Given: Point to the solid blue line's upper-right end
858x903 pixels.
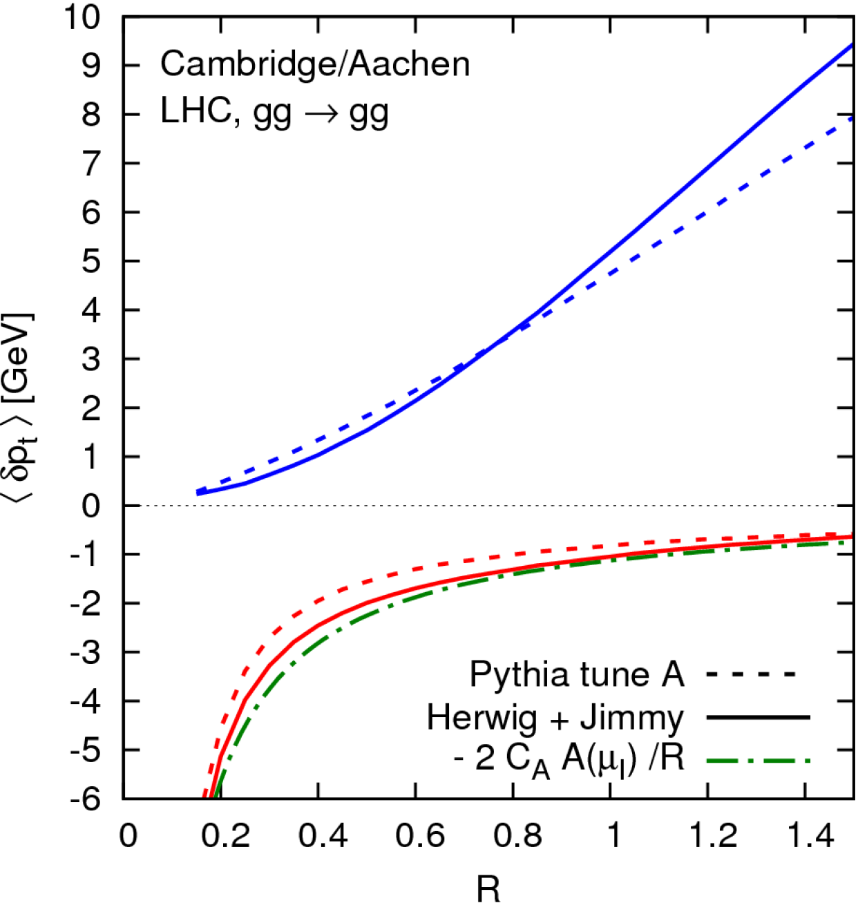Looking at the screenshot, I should point(851,45).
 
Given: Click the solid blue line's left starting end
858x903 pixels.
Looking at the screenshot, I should point(198,493).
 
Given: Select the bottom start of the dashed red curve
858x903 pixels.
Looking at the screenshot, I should point(204,795).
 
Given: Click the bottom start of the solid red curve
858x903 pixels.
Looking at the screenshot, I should point(210,795).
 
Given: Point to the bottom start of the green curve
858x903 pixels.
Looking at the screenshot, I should point(215,795).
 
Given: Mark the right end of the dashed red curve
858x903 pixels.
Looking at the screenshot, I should point(850,534).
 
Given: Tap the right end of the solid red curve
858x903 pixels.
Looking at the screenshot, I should point(850,537).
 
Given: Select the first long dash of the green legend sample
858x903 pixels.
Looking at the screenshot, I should point(722,761).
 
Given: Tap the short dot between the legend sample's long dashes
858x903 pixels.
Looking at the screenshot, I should point(750,761).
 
